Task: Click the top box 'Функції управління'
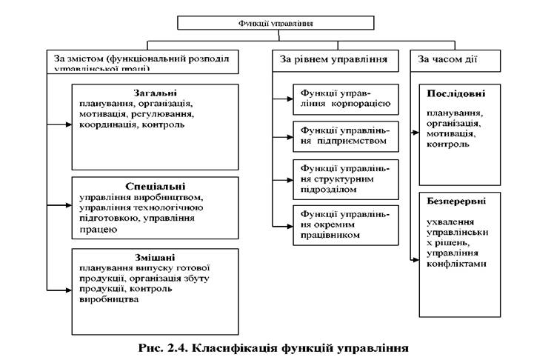[276, 23]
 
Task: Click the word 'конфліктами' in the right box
[456, 264]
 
